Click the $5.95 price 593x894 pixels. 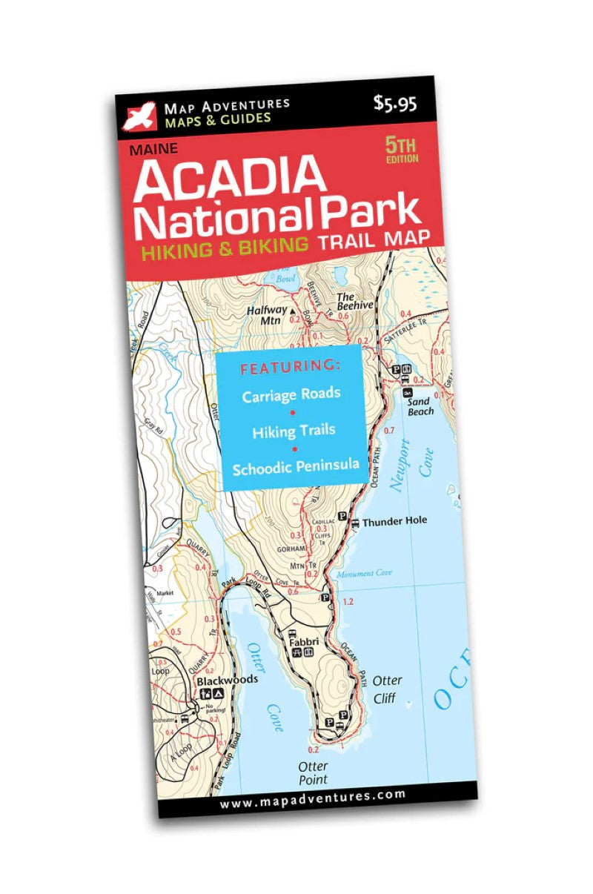pyautogui.click(x=395, y=105)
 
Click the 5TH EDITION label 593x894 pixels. pyautogui.click(x=401, y=149)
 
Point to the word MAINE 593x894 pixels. pyautogui.click(x=153, y=148)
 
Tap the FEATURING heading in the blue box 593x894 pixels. pyautogui.click(x=290, y=367)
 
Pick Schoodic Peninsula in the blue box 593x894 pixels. pyautogui.click(x=296, y=467)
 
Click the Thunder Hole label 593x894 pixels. pyautogui.click(x=394, y=521)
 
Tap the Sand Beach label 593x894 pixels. pyautogui.click(x=421, y=406)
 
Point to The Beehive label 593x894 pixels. pyautogui.click(x=355, y=300)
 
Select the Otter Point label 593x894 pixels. pyautogui.click(x=313, y=772)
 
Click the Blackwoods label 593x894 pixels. pyautogui.click(x=227, y=680)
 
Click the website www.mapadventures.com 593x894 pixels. pyautogui.click(x=313, y=796)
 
